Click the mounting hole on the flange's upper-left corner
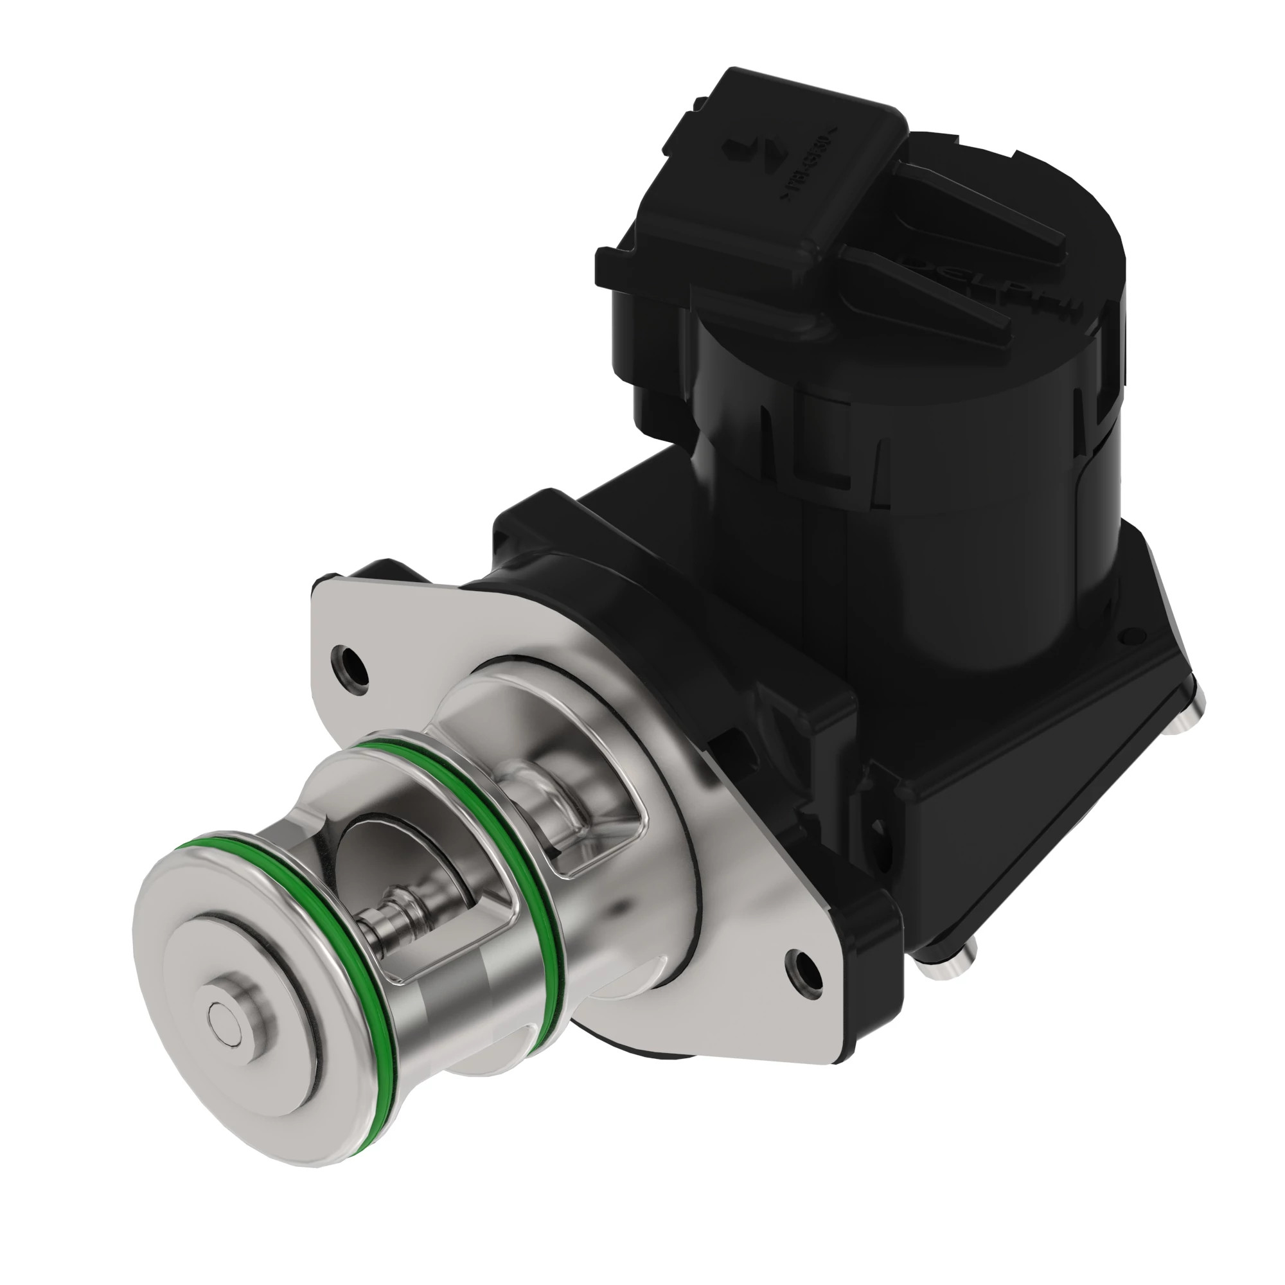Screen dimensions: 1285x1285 [x=351, y=666]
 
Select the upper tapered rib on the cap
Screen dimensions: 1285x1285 [x=978, y=200]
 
